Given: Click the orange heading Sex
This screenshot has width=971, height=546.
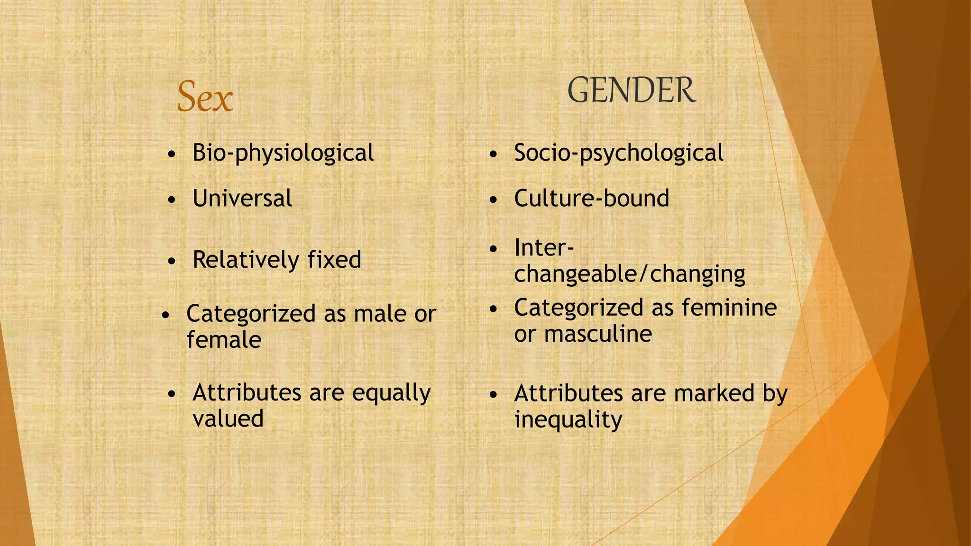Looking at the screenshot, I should (205, 97).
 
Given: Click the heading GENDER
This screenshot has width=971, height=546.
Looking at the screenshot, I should (632, 91).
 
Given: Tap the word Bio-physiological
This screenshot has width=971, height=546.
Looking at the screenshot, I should (283, 153).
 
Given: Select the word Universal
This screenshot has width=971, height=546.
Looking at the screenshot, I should (242, 198).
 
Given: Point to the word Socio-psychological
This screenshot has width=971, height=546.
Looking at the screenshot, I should (618, 153).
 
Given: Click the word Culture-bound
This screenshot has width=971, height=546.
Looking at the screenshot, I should (591, 198).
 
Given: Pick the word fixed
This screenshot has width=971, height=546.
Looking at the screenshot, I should (334, 260).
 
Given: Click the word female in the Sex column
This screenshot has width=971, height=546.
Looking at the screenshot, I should (224, 340).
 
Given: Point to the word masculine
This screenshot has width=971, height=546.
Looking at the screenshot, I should (598, 334).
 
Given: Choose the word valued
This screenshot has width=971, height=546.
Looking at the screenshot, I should (228, 419).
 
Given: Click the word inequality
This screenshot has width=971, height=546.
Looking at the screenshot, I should (568, 420).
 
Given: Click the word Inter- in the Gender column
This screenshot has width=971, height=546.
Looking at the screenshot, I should (544, 248).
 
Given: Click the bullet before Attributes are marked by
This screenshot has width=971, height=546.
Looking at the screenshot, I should (494, 395).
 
